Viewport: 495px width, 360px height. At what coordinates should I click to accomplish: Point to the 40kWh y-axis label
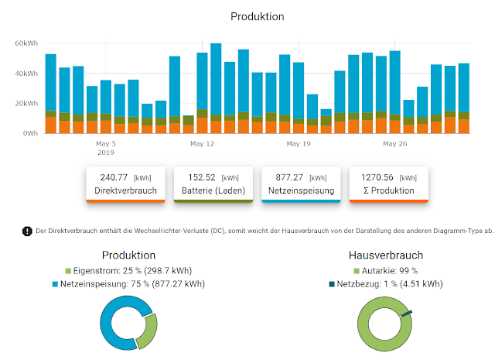26,73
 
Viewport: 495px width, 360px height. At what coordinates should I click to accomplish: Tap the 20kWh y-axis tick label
26,103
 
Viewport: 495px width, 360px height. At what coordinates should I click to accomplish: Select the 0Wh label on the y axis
29,133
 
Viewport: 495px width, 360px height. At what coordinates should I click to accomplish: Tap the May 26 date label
394,144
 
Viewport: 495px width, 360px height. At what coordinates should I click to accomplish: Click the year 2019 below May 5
105,153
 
